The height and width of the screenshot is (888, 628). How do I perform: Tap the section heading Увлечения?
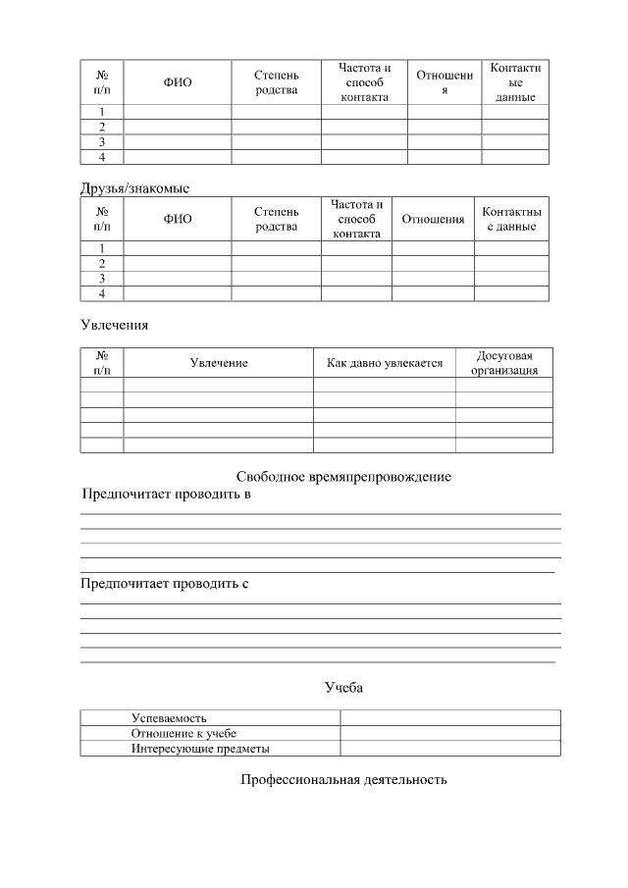click(x=114, y=325)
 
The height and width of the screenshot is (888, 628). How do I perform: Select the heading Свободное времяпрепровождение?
click(x=343, y=477)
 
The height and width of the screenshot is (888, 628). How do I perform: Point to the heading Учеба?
click(x=343, y=687)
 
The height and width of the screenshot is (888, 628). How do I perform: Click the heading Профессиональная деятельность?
click(x=343, y=780)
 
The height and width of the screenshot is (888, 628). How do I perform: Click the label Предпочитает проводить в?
click(x=166, y=495)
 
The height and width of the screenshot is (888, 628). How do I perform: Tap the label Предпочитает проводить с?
click(x=164, y=584)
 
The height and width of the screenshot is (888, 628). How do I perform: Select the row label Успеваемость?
click(x=169, y=718)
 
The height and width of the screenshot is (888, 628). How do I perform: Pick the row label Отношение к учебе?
click(x=183, y=733)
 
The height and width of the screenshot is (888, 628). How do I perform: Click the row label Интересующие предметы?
click(x=200, y=749)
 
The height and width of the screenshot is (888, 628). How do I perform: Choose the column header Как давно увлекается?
click(x=385, y=363)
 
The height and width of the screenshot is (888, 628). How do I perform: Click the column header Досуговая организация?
click(x=503, y=363)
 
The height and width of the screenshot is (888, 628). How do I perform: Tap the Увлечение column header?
click(x=219, y=363)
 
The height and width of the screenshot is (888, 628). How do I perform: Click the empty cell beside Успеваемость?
click(x=449, y=718)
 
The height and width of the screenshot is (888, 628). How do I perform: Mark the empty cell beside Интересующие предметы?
click(x=449, y=749)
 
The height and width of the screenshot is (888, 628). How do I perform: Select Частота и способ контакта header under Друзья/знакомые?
click(x=356, y=219)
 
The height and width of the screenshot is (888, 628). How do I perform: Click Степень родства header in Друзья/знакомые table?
click(x=276, y=219)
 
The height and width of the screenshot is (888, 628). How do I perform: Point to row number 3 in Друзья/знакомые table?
click(x=101, y=278)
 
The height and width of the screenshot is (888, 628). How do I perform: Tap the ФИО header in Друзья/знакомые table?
click(x=178, y=219)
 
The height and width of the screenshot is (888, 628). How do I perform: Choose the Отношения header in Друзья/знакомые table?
click(x=433, y=219)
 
